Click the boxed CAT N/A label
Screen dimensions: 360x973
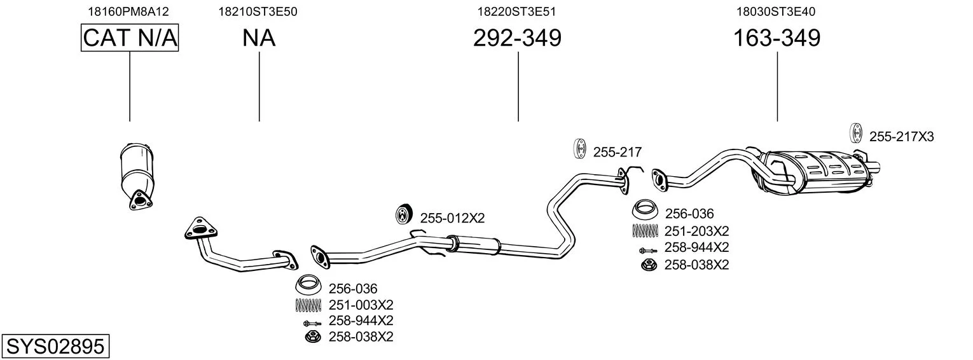[x=130, y=38]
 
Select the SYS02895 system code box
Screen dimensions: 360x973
[x=55, y=347]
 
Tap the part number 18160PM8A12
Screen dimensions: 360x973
[x=129, y=11]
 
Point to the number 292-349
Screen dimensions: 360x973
[x=517, y=38]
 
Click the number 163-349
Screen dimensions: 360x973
[x=776, y=38]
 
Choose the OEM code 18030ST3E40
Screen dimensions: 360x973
[x=776, y=11]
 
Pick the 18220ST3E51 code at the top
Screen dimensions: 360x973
[x=518, y=11]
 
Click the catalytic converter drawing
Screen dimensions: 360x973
[x=137, y=172]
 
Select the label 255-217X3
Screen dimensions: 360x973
[x=901, y=136]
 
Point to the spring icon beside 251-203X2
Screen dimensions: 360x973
[x=645, y=230]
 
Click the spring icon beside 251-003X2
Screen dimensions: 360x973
[x=309, y=305]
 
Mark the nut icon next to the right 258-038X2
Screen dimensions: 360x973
[x=647, y=264]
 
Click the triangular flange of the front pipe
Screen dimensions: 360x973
[x=199, y=230]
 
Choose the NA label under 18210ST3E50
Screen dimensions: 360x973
[x=259, y=38]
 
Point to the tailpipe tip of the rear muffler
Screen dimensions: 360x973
[x=874, y=169]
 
